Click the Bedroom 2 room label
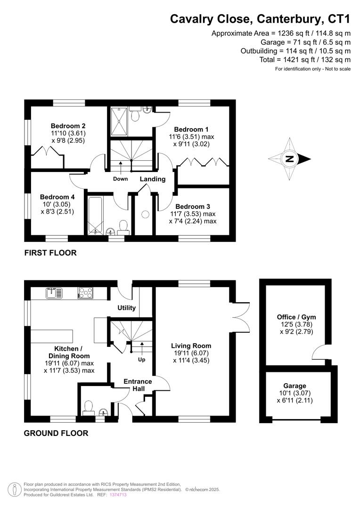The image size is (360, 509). click(x=68, y=126)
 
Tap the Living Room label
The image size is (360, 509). click(x=191, y=346)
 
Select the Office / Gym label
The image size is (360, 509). click(x=296, y=317)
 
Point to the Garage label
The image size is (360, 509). click(x=295, y=386)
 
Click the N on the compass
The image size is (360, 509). click(x=289, y=159)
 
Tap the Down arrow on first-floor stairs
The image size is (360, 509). click(x=121, y=167)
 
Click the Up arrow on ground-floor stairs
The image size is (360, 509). click(x=142, y=348)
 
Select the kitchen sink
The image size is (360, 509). click(x=54, y=293)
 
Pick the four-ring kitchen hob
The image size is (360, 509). click(x=85, y=293)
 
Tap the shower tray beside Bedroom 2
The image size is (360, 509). click(x=120, y=121)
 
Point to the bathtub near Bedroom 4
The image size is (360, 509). click(x=95, y=215)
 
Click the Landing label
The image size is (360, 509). click(x=153, y=179)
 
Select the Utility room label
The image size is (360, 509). click(x=127, y=308)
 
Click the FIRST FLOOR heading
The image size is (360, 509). click(x=50, y=253)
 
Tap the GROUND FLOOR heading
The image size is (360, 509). click(x=56, y=433)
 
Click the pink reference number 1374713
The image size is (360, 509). click(x=118, y=495)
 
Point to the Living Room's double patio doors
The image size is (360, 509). click(x=240, y=317)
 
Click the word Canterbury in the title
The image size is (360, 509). click(x=290, y=19)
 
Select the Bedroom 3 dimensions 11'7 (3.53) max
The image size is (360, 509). click(x=193, y=214)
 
